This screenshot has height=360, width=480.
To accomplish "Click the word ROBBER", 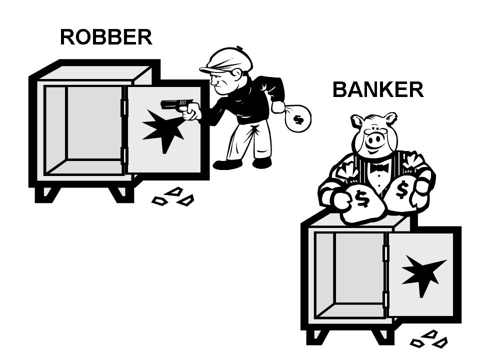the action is point(106,37).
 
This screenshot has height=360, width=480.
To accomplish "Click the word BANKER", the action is point(378,89).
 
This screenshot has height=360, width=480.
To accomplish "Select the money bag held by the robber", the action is point(297,118).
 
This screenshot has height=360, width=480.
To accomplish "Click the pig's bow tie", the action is point(379,167).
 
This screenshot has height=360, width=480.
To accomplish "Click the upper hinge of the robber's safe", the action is point(124,107).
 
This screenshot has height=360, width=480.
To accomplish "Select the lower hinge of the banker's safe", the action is point(385,299).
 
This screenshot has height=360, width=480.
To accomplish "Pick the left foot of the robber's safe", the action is point(46,194).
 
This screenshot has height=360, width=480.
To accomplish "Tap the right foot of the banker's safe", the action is point(381,336).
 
